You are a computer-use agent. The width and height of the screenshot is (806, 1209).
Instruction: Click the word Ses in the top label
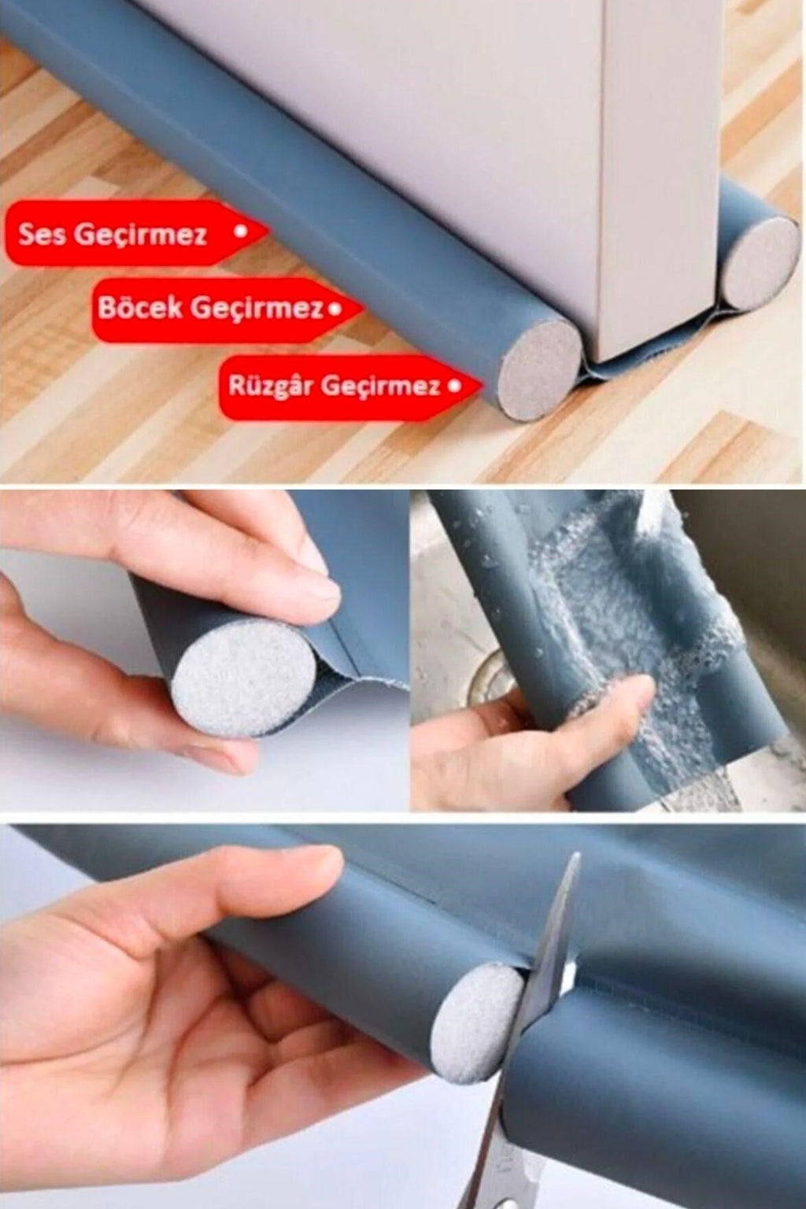[43, 234]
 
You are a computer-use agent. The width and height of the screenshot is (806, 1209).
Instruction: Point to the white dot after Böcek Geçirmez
[336, 308]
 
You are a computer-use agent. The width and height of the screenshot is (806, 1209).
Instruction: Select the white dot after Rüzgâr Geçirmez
[453, 386]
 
